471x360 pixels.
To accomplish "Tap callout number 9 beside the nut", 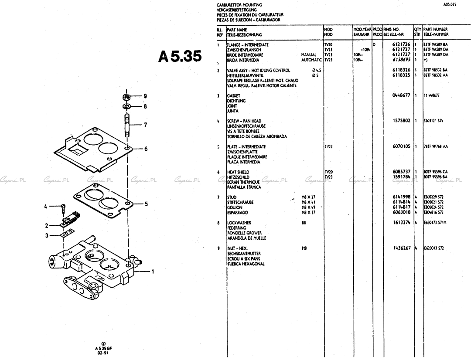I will (145, 96).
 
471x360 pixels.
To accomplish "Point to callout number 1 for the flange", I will (153, 272).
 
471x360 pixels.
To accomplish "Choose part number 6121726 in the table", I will (401, 45).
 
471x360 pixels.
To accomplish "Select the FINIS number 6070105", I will (401, 146).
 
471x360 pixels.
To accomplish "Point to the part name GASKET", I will (233, 95).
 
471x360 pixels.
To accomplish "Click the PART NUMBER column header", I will (435, 30).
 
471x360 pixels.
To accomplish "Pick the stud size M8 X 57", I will (308, 212).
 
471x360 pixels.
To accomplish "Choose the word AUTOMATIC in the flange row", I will (311, 60).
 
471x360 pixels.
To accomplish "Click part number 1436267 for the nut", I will (401, 248).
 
